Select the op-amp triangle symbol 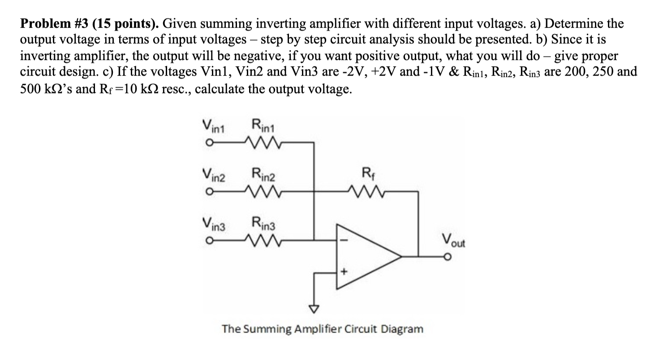tap(367, 257)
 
